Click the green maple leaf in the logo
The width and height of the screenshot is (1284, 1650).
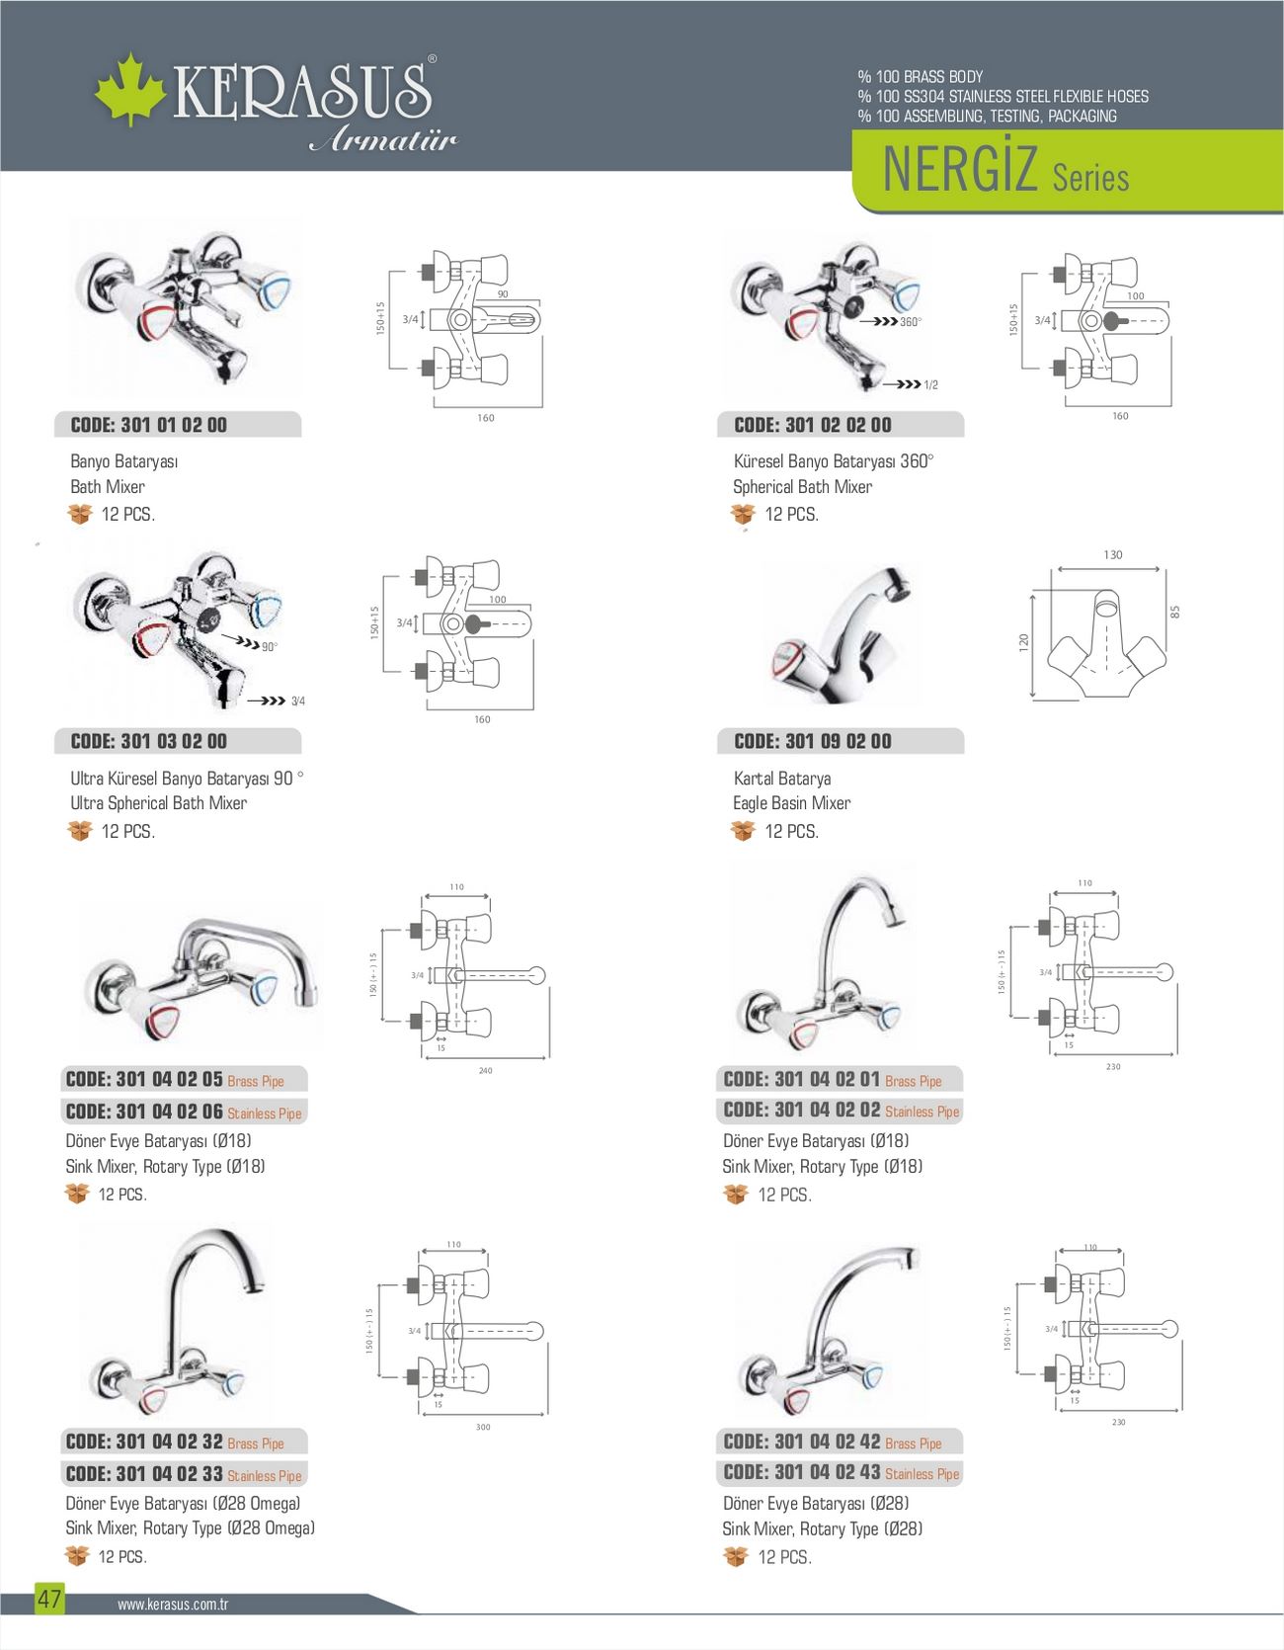pyautogui.click(x=129, y=89)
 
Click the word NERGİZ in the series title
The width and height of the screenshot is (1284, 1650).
pyautogui.click(x=958, y=170)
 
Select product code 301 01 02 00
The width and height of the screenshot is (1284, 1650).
pyautogui.click(x=149, y=425)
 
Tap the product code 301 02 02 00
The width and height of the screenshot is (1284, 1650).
pyautogui.click(x=813, y=425)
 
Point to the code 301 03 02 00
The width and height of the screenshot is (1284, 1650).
pyautogui.click(x=149, y=741)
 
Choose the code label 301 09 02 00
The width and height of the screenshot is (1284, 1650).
pyautogui.click(x=813, y=741)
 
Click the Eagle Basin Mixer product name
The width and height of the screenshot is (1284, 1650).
pyautogui.click(x=791, y=803)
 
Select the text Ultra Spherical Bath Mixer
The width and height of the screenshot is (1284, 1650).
pyautogui.click(x=158, y=803)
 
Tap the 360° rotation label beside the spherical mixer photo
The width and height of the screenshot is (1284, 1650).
pyautogui.click(x=911, y=322)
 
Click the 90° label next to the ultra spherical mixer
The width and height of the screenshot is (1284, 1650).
pyautogui.click(x=270, y=647)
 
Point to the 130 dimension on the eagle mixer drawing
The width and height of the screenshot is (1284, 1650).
pyautogui.click(x=1113, y=555)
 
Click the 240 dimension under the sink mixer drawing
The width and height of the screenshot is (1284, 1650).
pyautogui.click(x=485, y=1071)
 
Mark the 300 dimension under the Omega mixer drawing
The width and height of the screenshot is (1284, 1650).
pyautogui.click(x=483, y=1428)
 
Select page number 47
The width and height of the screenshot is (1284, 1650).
pyautogui.click(x=49, y=1599)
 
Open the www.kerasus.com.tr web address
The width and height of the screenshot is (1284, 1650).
pyautogui.click(x=173, y=1605)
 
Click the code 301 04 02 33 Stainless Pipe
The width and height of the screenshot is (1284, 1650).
pyautogui.click(x=184, y=1474)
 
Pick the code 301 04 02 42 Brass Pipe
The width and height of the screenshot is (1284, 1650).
pyautogui.click(x=833, y=1443)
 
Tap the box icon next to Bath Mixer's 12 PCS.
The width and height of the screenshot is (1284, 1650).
pyautogui.click(x=80, y=514)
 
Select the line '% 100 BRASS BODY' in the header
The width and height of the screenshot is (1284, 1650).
pyautogui.click(x=921, y=76)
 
